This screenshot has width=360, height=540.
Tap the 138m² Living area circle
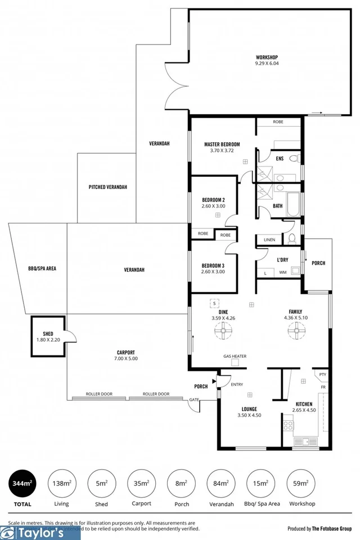[61, 483]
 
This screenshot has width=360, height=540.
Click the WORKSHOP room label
[267, 57]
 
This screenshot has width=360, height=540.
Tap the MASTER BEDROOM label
[222, 145]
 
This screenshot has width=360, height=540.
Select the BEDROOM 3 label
[213, 265]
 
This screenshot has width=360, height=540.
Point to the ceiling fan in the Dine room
[224, 333]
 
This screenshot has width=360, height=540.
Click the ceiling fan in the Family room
[295, 333]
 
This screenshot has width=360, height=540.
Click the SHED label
[48, 334]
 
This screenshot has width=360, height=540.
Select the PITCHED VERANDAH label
[108, 187]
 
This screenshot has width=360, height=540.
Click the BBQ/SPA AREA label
[42, 268]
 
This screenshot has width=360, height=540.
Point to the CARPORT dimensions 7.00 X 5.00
[126, 358]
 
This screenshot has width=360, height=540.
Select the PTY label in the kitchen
[322, 374]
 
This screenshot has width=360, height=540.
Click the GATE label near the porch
[195, 400]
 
